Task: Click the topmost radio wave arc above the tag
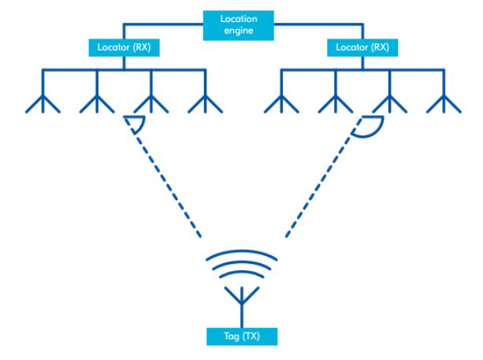point(241,256)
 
